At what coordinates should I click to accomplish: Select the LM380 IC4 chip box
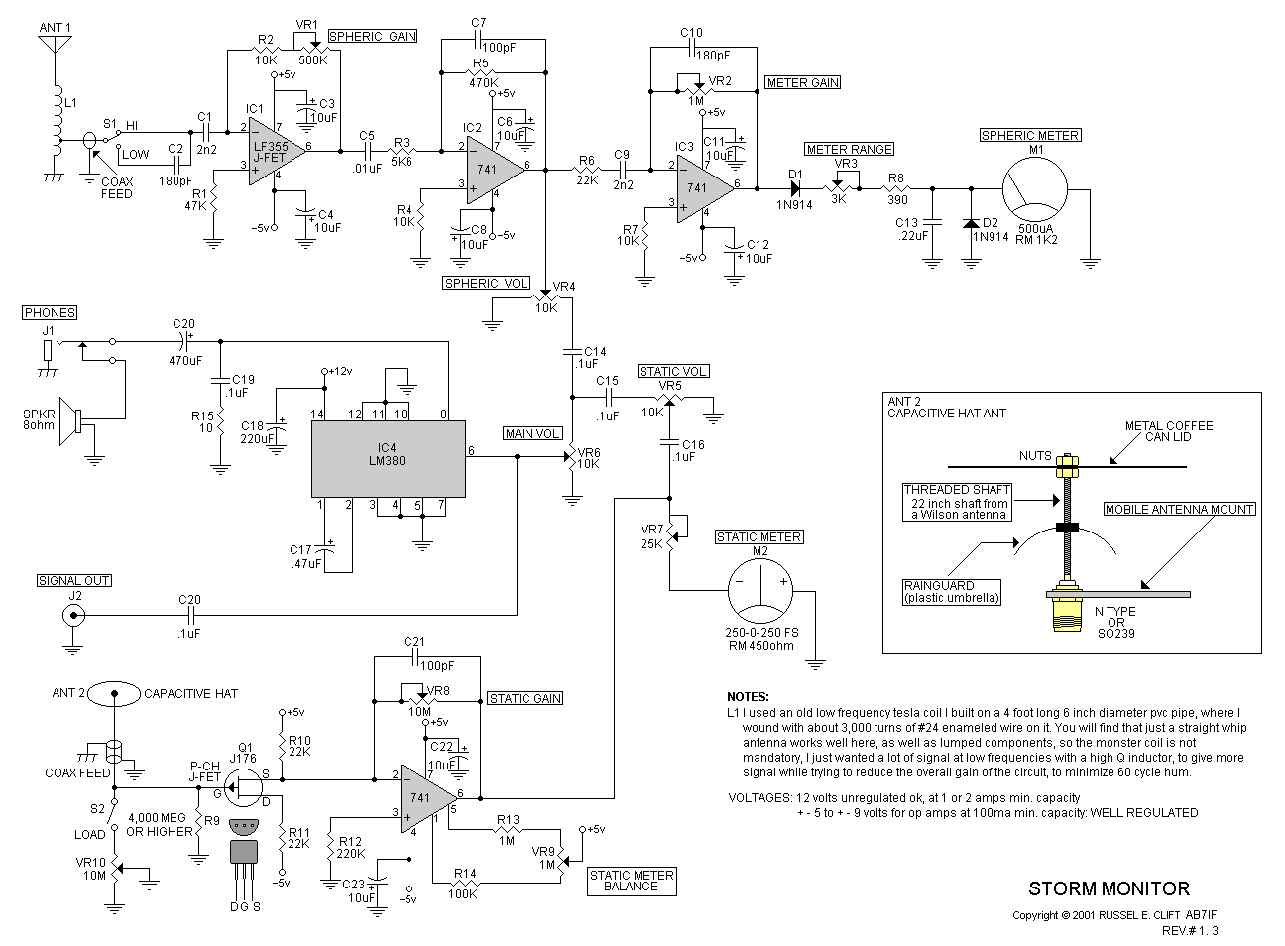[389, 459]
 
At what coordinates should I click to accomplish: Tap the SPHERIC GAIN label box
[372, 36]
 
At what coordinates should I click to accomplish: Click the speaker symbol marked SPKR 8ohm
[72, 421]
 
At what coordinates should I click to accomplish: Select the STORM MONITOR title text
[1108, 888]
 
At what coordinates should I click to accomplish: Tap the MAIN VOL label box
[532, 433]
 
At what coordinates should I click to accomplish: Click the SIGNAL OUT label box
[74, 580]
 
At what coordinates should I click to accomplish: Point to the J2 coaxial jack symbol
[72, 615]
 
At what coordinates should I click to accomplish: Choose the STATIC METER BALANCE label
[632, 880]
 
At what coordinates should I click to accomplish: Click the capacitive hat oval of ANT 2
[114, 693]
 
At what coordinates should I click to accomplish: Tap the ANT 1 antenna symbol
[55, 55]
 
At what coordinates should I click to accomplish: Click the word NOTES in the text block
[748, 697]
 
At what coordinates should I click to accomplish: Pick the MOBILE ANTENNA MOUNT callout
[1180, 509]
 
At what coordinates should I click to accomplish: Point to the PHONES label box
[50, 312]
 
